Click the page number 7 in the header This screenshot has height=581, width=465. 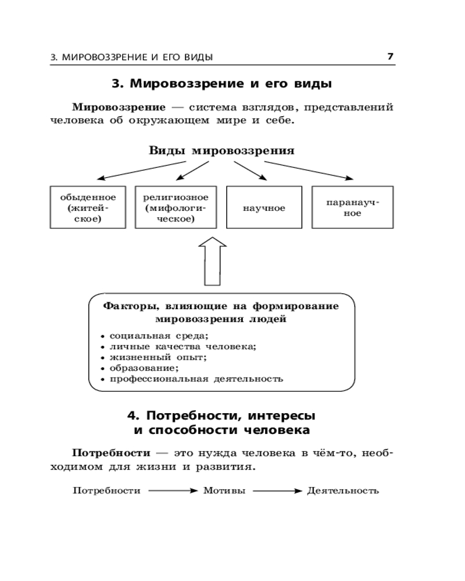click(x=391, y=56)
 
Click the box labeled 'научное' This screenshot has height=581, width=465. click(x=264, y=207)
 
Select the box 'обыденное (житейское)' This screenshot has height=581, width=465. click(x=88, y=207)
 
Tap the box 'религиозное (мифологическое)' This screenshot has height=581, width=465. click(x=176, y=207)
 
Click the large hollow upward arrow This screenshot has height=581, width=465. click(x=213, y=261)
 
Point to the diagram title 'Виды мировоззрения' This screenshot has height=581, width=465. click(x=221, y=150)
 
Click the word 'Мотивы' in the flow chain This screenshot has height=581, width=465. click(x=224, y=490)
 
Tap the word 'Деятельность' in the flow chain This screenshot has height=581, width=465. click(x=343, y=490)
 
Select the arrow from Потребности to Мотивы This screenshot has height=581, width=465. click(x=173, y=491)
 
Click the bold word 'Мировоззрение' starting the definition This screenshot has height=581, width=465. click(x=119, y=107)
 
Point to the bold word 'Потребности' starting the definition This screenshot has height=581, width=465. click(x=110, y=452)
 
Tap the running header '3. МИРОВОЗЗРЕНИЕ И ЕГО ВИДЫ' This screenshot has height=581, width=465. click(x=131, y=57)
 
